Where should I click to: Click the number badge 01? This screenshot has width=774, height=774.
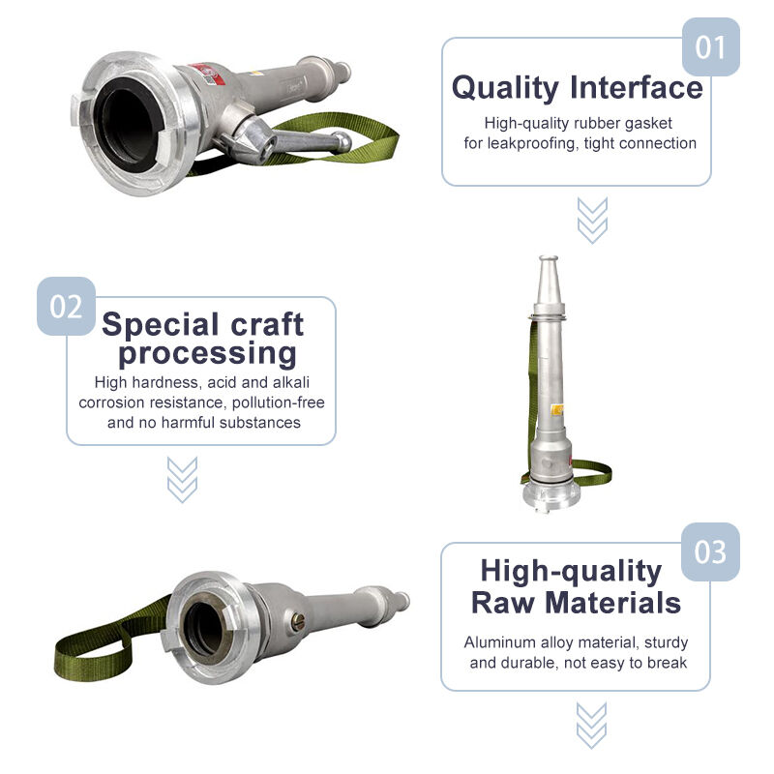(710, 46)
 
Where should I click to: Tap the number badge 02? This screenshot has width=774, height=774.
(66, 306)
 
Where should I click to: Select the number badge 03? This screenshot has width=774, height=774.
(710, 551)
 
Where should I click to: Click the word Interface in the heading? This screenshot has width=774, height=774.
(637, 87)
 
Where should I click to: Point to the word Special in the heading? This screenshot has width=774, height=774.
(161, 324)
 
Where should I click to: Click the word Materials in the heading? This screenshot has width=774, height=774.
(613, 603)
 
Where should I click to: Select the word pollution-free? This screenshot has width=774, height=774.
(279, 402)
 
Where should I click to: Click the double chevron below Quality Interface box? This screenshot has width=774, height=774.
(592, 221)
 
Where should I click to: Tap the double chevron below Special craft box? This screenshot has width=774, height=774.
(182, 479)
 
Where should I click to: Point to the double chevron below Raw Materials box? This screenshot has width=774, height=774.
(591, 726)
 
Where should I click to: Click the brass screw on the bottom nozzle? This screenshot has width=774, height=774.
(298, 621)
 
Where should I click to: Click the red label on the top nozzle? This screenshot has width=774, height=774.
(209, 74)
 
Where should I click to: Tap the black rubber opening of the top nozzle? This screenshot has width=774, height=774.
(127, 126)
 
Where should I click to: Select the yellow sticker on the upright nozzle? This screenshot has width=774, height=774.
(558, 409)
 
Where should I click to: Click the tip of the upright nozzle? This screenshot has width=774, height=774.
(549, 258)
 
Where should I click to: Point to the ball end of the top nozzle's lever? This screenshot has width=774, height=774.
(342, 141)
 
